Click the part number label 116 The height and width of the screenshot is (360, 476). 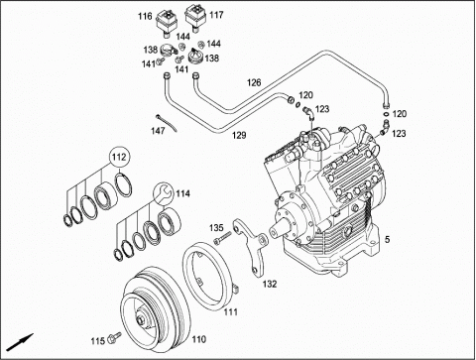point(145,16)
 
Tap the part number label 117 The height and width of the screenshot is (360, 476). point(216,15)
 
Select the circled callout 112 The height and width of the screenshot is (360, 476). point(119,157)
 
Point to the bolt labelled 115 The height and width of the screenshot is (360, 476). point(115,337)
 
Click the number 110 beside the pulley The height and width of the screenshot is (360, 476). point(198,339)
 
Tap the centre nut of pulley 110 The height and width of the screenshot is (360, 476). point(141,320)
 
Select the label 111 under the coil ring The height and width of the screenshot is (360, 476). point(230,311)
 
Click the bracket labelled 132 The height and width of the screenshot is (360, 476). point(251,245)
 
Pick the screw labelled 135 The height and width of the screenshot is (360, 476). point(223,238)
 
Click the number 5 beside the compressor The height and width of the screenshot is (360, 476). point(387,239)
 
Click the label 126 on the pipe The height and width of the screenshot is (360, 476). point(254,82)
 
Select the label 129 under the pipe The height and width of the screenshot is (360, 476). point(239,135)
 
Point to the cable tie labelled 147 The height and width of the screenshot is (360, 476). point(167,123)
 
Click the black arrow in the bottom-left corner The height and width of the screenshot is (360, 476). point(20,342)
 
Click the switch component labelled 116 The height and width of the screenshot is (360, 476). point(167,23)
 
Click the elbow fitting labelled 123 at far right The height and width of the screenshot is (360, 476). point(385,128)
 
